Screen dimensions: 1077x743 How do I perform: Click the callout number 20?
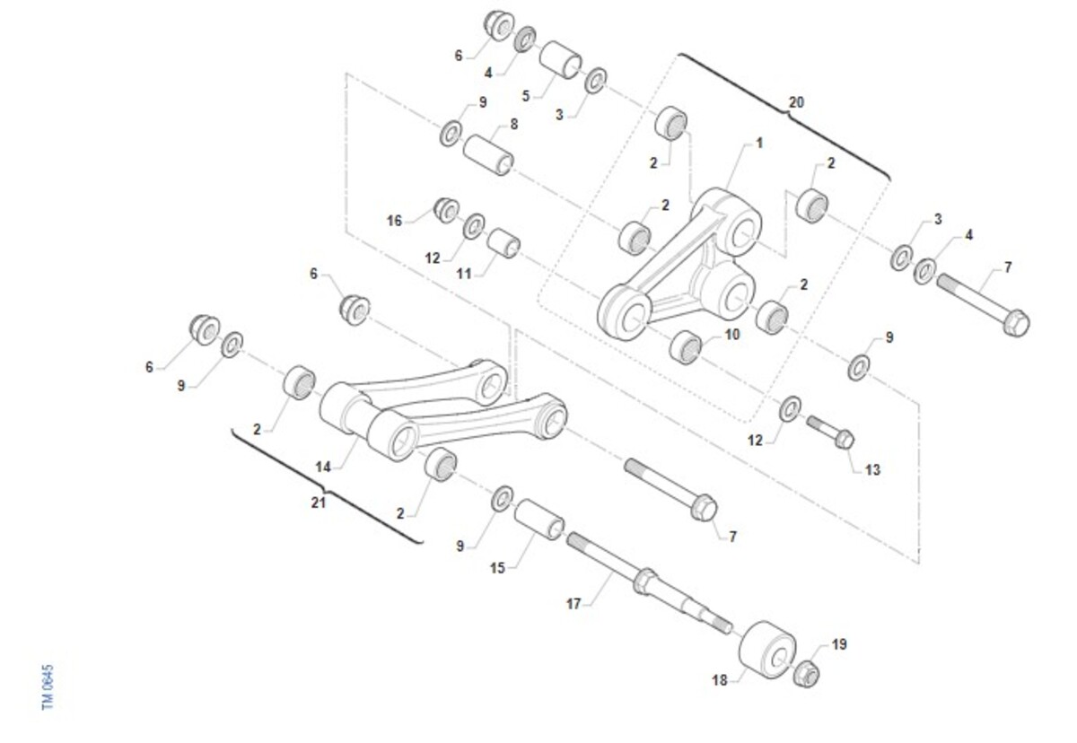(796, 102)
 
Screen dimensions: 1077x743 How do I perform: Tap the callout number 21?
(319, 503)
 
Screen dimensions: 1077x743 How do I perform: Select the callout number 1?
(759, 144)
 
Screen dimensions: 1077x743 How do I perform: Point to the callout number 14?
(323, 467)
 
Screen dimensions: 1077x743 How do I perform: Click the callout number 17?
(574, 604)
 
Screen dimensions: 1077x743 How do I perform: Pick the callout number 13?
(872, 469)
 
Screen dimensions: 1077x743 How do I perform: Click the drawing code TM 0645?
(48, 687)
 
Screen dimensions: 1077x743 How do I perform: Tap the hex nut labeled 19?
(806, 674)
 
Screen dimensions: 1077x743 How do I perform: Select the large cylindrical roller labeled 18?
(766, 650)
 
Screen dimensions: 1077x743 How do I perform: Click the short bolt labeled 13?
(831, 432)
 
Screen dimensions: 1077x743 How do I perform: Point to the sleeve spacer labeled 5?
(560, 59)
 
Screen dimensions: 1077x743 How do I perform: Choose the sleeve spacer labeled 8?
(488, 155)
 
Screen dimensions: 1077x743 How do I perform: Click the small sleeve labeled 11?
(503, 243)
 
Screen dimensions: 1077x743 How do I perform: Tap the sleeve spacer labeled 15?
(539, 519)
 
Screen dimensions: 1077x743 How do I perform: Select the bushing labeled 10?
(686, 347)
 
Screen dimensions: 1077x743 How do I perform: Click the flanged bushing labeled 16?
(446, 210)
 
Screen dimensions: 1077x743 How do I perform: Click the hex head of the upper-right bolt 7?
(1016, 323)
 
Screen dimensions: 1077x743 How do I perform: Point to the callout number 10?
(731, 335)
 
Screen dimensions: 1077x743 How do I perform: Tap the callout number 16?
(394, 221)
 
